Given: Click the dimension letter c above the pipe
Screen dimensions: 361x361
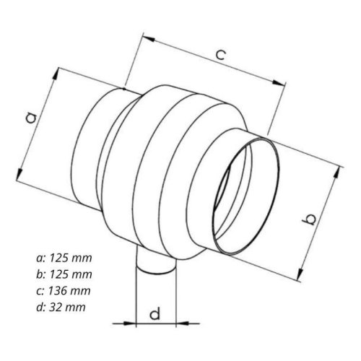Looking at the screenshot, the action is (x=221, y=55).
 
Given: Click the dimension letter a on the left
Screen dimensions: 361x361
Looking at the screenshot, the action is (x=32, y=117).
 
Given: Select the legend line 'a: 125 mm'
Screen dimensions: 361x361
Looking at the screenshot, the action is (x=64, y=258).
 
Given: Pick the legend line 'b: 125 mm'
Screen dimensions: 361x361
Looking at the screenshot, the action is (x=64, y=274).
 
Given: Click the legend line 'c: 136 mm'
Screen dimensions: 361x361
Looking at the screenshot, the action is (x=64, y=290).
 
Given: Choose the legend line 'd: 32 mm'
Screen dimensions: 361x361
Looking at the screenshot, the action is (x=61, y=307).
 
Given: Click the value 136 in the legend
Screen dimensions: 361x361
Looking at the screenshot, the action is (x=58, y=290).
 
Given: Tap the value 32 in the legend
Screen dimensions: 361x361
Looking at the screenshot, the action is (x=55, y=307).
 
